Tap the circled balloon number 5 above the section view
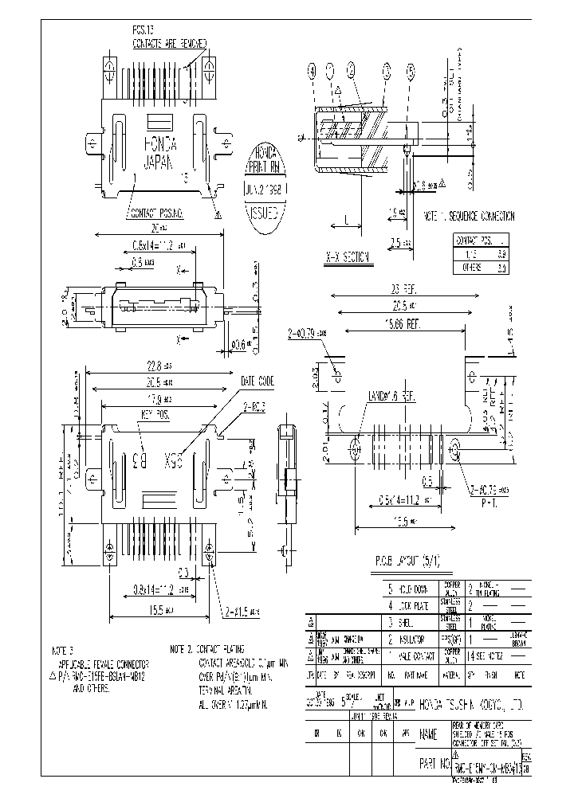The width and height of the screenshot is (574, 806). [x=411, y=71]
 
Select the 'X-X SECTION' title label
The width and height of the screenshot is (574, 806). [x=348, y=257]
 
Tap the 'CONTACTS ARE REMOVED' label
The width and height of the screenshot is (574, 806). [x=170, y=43]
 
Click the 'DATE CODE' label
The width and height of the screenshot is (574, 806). [x=256, y=381]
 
